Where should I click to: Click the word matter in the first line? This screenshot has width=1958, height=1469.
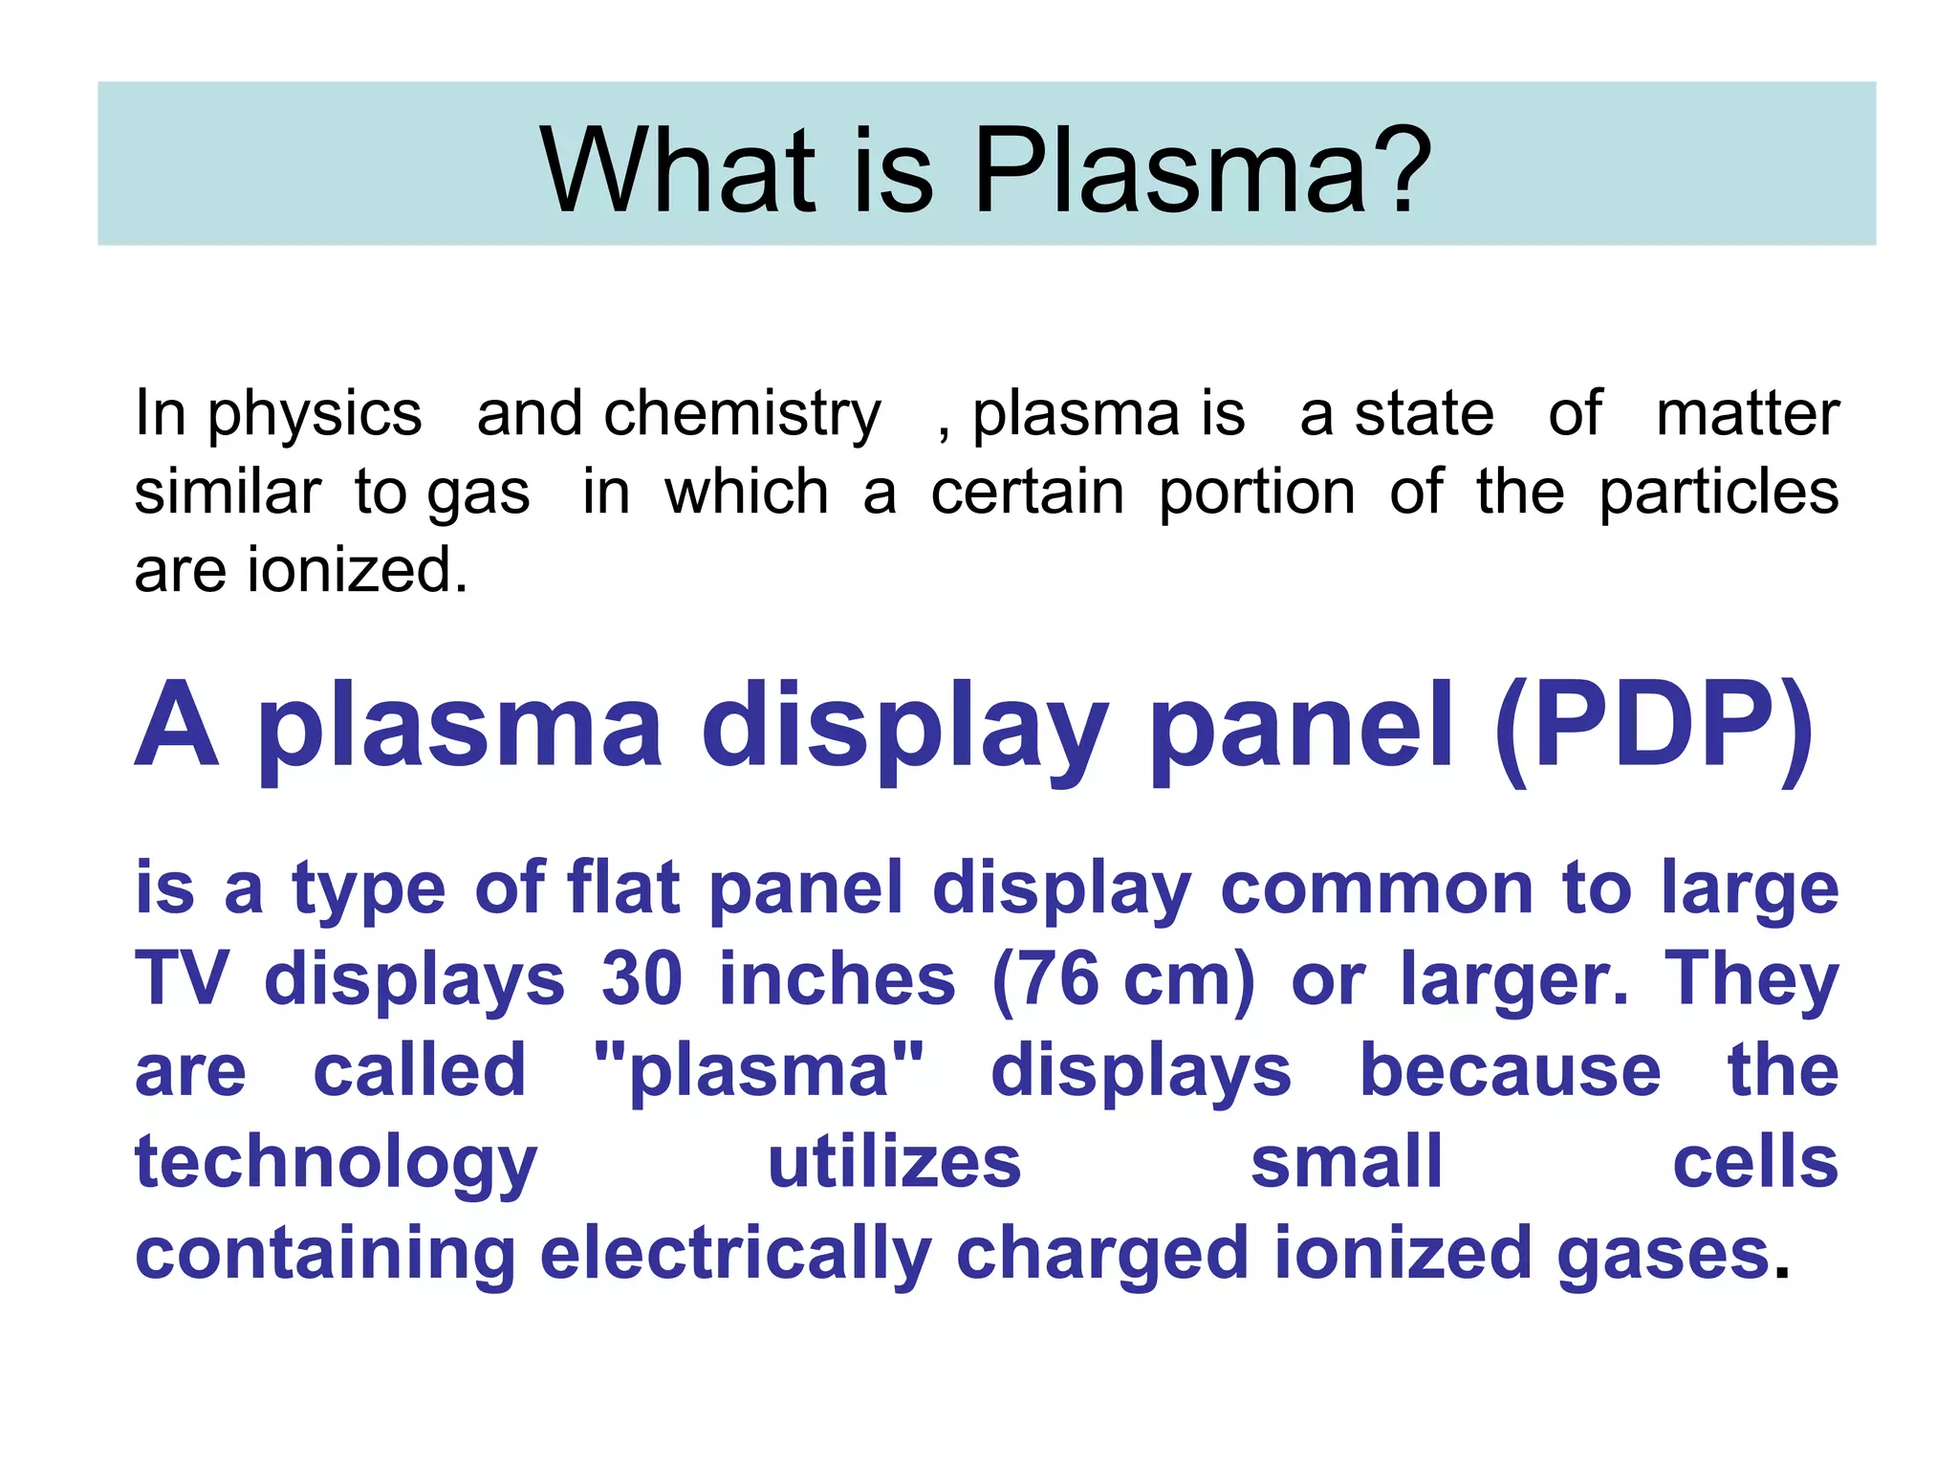click(1747, 413)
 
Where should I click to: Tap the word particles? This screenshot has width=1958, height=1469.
click(1718, 493)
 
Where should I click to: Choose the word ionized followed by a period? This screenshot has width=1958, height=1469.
click(356, 570)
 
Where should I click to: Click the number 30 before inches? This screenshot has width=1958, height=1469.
click(642, 979)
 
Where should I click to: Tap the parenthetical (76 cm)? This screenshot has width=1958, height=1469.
click(1123, 979)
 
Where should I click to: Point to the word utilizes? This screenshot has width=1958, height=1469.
click(894, 1163)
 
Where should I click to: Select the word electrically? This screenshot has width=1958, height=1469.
click(735, 1255)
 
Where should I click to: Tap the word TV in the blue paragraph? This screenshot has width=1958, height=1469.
click(182, 979)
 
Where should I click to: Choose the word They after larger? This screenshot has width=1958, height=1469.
click(1751, 981)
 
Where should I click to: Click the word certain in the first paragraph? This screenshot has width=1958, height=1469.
click(1027, 493)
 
